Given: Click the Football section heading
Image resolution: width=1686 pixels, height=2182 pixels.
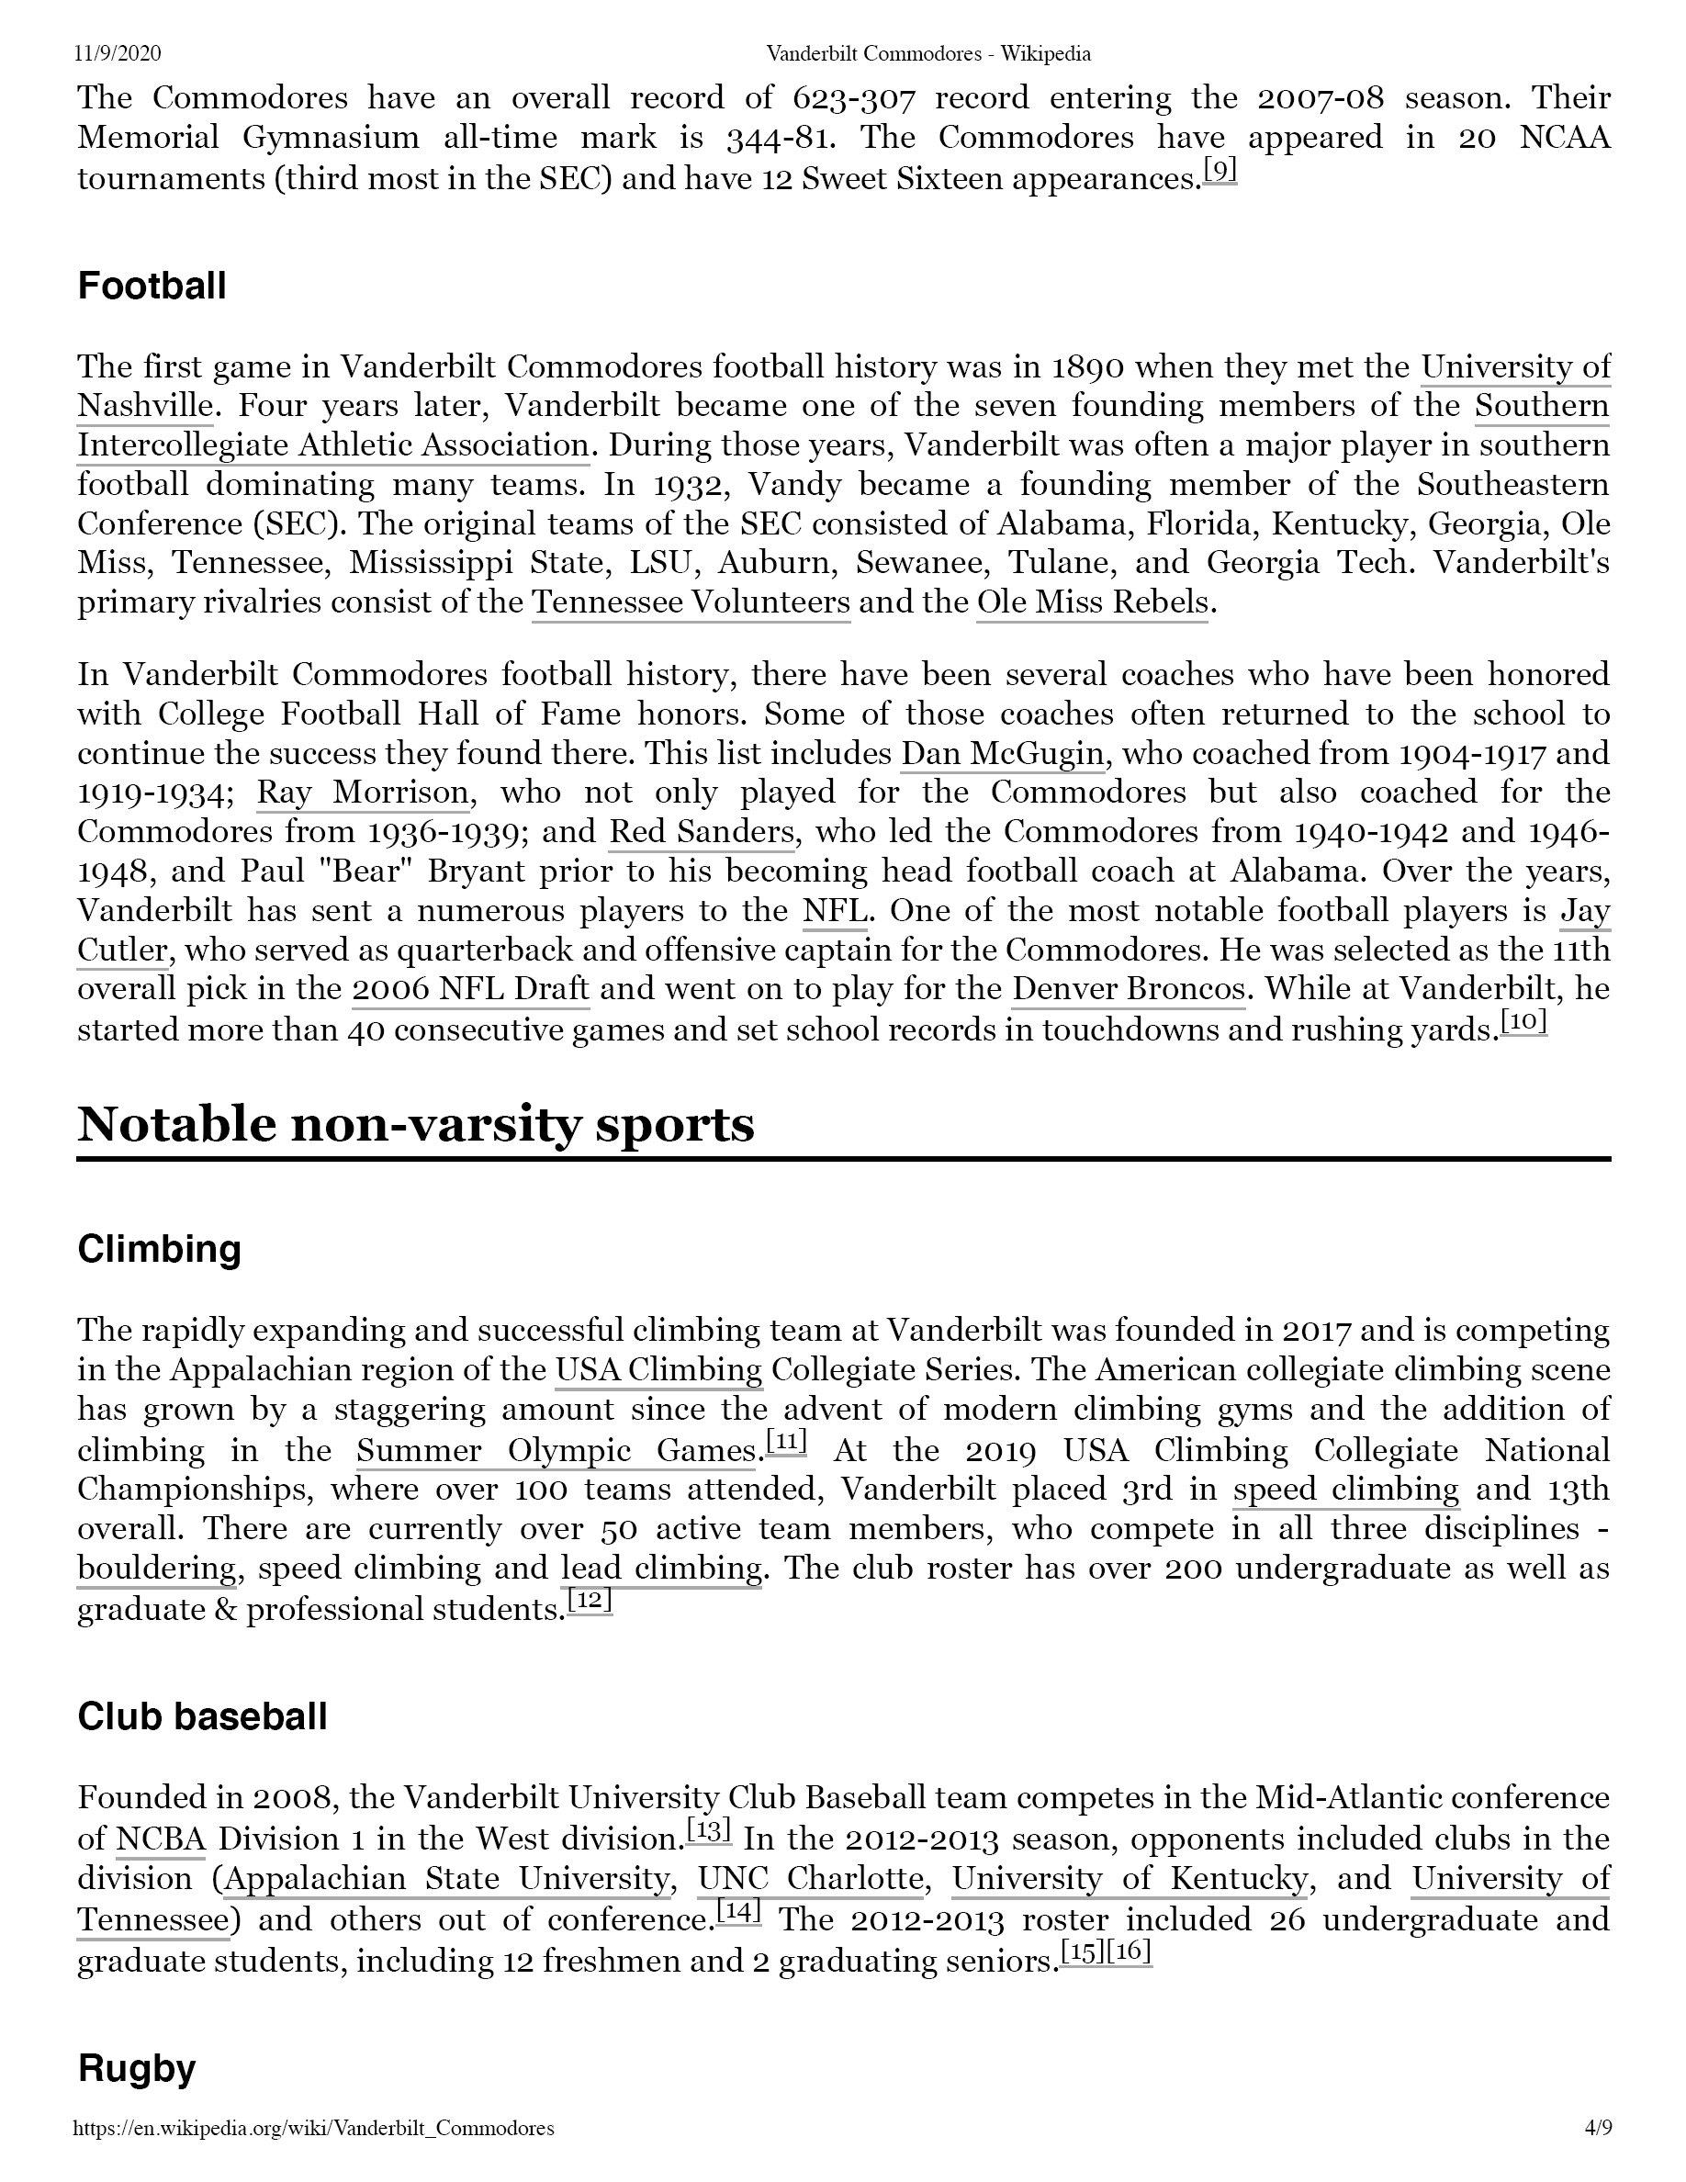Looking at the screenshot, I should (152, 286).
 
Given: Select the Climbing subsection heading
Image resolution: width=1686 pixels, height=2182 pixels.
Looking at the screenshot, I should (159, 1249).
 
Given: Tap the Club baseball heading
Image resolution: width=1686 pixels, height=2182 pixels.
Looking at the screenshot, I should (202, 1716).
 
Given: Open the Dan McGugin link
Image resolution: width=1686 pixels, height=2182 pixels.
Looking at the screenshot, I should (1002, 752).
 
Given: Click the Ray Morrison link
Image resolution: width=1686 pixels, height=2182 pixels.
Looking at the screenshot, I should (363, 793).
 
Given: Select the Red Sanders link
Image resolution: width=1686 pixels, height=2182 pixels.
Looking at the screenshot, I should (702, 831).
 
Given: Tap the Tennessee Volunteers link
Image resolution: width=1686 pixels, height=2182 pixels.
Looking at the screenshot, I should (691, 602).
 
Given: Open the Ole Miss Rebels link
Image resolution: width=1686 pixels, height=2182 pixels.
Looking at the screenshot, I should (1092, 602).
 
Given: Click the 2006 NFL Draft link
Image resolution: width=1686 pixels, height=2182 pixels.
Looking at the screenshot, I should (470, 989).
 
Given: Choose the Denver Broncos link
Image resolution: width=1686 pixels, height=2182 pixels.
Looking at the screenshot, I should (1129, 989).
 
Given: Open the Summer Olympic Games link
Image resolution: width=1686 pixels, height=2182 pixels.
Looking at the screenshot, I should (556, 1450).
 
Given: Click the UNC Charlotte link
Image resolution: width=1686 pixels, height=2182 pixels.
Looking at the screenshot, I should (810, 1879).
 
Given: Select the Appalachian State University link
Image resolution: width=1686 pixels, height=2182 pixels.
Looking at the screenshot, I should (446, 1879).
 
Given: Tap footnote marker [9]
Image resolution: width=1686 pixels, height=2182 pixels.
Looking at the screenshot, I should (1220, 171).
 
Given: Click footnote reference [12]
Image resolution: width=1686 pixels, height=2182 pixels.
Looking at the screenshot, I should (589, 1602).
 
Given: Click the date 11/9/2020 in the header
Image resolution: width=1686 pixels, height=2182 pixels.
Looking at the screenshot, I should (118, 53).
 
